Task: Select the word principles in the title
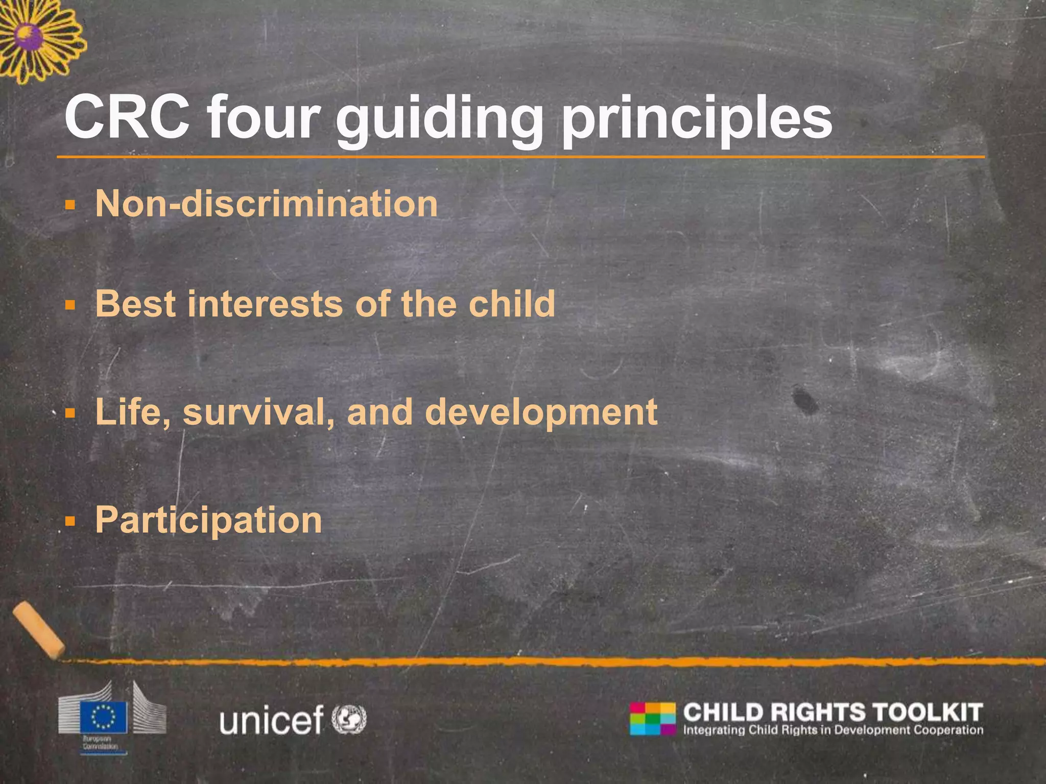coord(698,120)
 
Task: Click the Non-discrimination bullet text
coord(266,204)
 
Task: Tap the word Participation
coord(208,521)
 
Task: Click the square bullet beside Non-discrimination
coord(70,206)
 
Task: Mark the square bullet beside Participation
coord(70,522)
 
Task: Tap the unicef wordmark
coord(271,719)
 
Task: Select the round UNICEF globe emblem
coord(349,719)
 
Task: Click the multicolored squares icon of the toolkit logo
coord(652,719)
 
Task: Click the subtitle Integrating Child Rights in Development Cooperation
coord(833,730)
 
